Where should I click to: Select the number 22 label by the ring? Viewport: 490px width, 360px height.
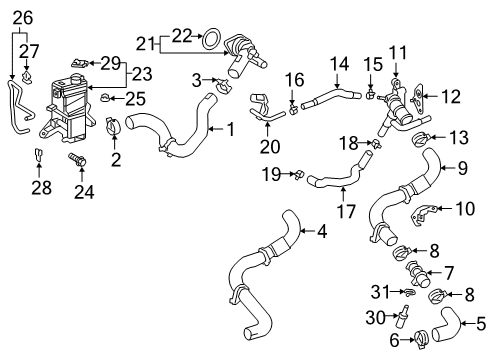click(183, 35)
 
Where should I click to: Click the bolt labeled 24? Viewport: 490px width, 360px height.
click(76, 159)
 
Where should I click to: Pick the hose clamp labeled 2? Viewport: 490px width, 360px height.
click(114, 126)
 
